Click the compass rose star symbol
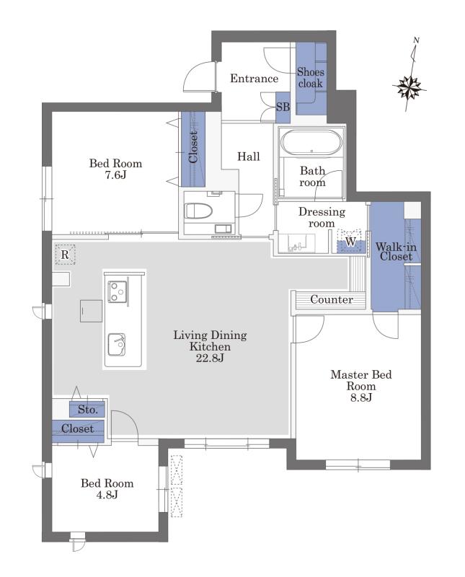click(409, 88)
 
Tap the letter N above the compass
click(417, 40)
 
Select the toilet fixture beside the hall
click(198, 211)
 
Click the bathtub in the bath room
click(311, 142)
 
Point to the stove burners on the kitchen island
click(118, 292)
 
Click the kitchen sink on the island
click(117, 345)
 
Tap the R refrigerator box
click(65, 255)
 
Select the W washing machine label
click(350, 242)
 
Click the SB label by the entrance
click(283, 107)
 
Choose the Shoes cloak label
click(311, 78)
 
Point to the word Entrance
click(254, 78)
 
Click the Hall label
click(248, 157)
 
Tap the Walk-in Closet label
click(396, 251)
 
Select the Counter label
click(332, 299)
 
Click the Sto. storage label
click(87, 409)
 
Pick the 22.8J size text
click(210, 358)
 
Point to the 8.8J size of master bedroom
click(361, 397)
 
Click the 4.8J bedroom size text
click(107, 495)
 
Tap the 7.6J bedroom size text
click(115, 175)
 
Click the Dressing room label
click(322, 218)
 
